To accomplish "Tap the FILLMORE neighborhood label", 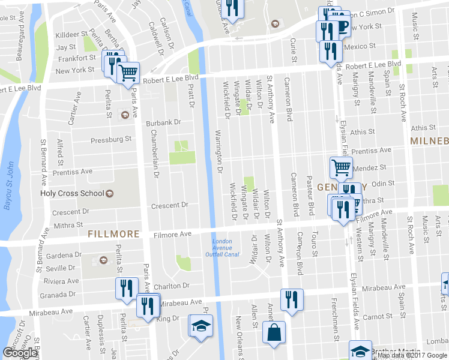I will [x=113, y=234].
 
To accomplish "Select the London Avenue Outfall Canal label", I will [x=225, y=248].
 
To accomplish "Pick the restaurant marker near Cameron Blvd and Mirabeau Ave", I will [x=292, y=299].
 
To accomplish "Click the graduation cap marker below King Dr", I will [x=200, y=326].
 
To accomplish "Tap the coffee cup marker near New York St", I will [x=340, y=28].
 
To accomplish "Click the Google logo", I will [x=19, y=353].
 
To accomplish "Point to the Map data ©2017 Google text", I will [x=411, y=355].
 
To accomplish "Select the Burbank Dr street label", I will [x=163, y=122].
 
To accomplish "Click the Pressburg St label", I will [x=110, y=140].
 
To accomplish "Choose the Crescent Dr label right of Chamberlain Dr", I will [x=169, y=205].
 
